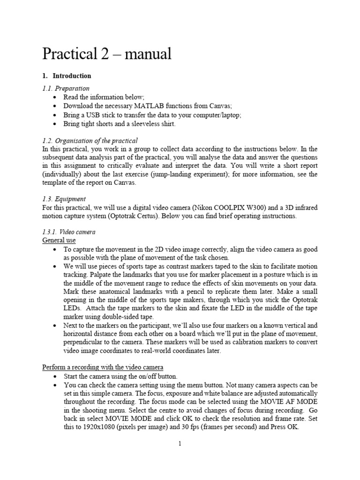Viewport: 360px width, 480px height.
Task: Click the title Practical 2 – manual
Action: click(107, 54)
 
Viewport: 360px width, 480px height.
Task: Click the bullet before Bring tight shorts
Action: click(56, 124)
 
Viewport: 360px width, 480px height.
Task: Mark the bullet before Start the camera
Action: click(56, 376)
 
